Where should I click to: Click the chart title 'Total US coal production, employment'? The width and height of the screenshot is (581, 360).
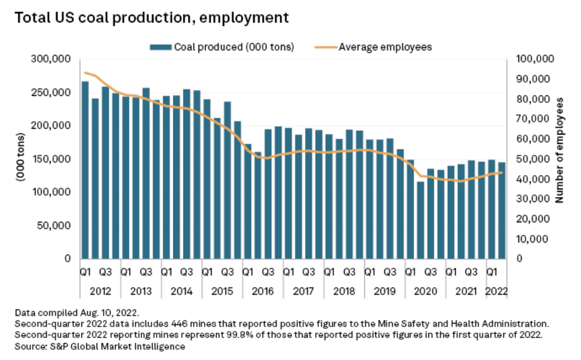click(x=152, y=18)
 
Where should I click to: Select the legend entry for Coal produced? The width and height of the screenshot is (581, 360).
click(x=222, y=47)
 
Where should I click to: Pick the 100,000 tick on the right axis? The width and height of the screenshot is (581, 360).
click(x=535, y=59)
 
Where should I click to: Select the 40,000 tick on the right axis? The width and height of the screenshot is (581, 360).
click(x=532, y=179)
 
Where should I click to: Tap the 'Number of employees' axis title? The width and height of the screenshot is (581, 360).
click(x=559, y=150)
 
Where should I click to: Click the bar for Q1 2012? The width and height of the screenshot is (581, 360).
click(x=85, y=170)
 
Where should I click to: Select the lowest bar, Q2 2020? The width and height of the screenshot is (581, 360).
click(x=421, y=220)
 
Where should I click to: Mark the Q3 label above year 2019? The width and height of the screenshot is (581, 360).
click(x=390, y=272)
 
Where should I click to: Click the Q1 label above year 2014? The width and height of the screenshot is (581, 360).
click(x=166, y=272)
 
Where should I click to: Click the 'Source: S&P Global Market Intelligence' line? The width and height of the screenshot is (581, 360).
click(x=99, y=346)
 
